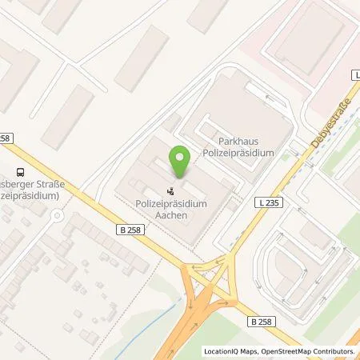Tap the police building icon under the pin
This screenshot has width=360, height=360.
point(170,191)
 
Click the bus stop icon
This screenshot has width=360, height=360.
point(19,170)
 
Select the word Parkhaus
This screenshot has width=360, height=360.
point(249,141)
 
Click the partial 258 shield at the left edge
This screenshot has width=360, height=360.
point(6,138)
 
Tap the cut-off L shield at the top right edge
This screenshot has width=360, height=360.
point(355,74)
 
